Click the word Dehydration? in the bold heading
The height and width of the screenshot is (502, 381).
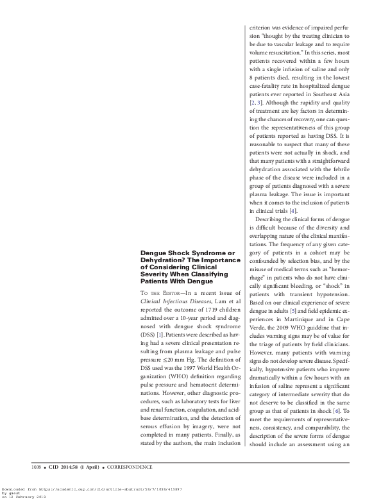point(162,260)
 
